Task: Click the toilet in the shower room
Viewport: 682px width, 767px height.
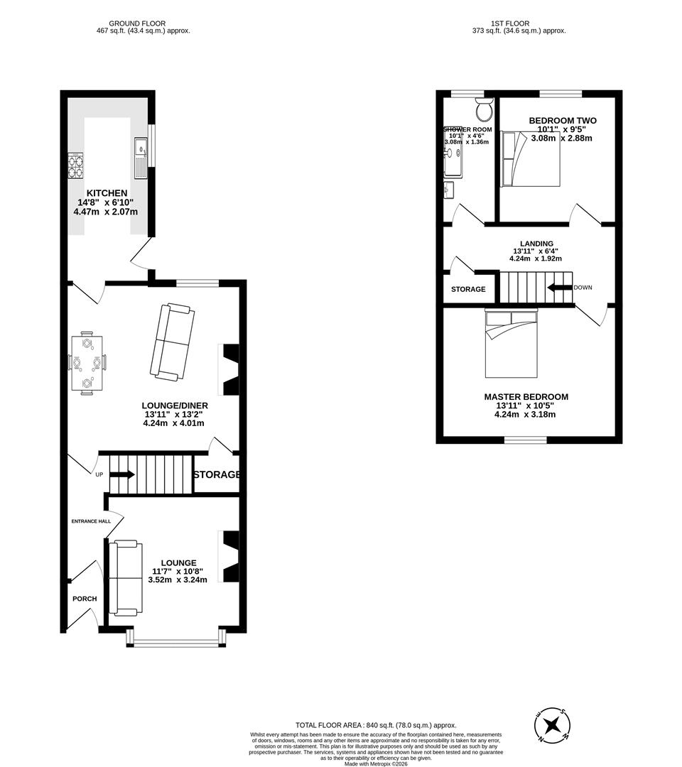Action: click(485, 111)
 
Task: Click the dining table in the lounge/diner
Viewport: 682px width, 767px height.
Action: click(87, 363)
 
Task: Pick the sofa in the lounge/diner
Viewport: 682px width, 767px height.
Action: click(171, 341)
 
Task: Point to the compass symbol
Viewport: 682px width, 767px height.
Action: click(553, 725)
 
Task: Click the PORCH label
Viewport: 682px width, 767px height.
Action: click(85, 599)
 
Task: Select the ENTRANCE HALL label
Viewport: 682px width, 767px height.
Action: click(91, 521)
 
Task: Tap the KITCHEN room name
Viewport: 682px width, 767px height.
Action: click(107, 193)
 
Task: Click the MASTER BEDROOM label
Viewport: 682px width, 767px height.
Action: click(526, 397)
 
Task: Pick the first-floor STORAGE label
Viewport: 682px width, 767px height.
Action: click(468, 289)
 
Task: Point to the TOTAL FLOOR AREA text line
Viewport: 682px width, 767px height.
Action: click(377, 724)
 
